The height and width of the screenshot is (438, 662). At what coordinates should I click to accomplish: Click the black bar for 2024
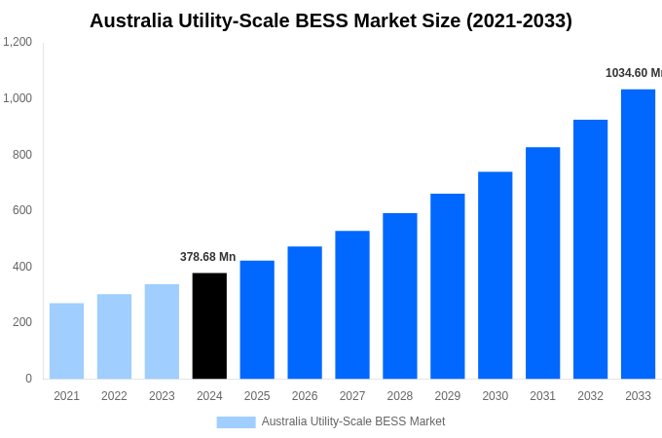tap(209, 326)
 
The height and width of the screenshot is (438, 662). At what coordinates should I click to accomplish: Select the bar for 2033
tap(638, 234)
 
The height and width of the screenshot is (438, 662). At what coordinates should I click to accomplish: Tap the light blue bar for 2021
tap(66, 341)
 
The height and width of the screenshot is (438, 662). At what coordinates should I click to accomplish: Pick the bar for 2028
tap(399, 296)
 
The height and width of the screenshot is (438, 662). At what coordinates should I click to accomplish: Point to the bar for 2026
tap(305, 312)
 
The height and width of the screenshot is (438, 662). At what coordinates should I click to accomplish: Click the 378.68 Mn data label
tap(207, 257)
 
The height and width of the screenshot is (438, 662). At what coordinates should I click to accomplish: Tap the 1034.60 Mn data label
tap(633, 73)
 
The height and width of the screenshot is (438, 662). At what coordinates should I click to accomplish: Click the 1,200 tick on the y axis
tap(18, 42)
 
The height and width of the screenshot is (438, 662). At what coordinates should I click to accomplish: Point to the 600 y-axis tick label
tap(22, 210)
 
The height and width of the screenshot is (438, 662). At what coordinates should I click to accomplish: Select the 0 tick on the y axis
tap(28, 379)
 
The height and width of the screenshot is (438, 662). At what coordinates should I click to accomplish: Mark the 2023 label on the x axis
tap(162, 396)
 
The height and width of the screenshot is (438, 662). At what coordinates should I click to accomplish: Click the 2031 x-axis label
tap(542, 396)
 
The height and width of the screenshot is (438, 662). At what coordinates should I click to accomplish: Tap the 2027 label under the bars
tap(352, 396)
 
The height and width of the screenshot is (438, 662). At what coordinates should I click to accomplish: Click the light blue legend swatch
tap(236, 421)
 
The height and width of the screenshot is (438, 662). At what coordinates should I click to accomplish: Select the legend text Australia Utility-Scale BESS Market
tap(352, 421)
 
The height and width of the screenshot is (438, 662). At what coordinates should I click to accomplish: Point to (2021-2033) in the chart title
tap(519, 20)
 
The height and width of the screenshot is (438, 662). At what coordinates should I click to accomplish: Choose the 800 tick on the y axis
tap(22, 155)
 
